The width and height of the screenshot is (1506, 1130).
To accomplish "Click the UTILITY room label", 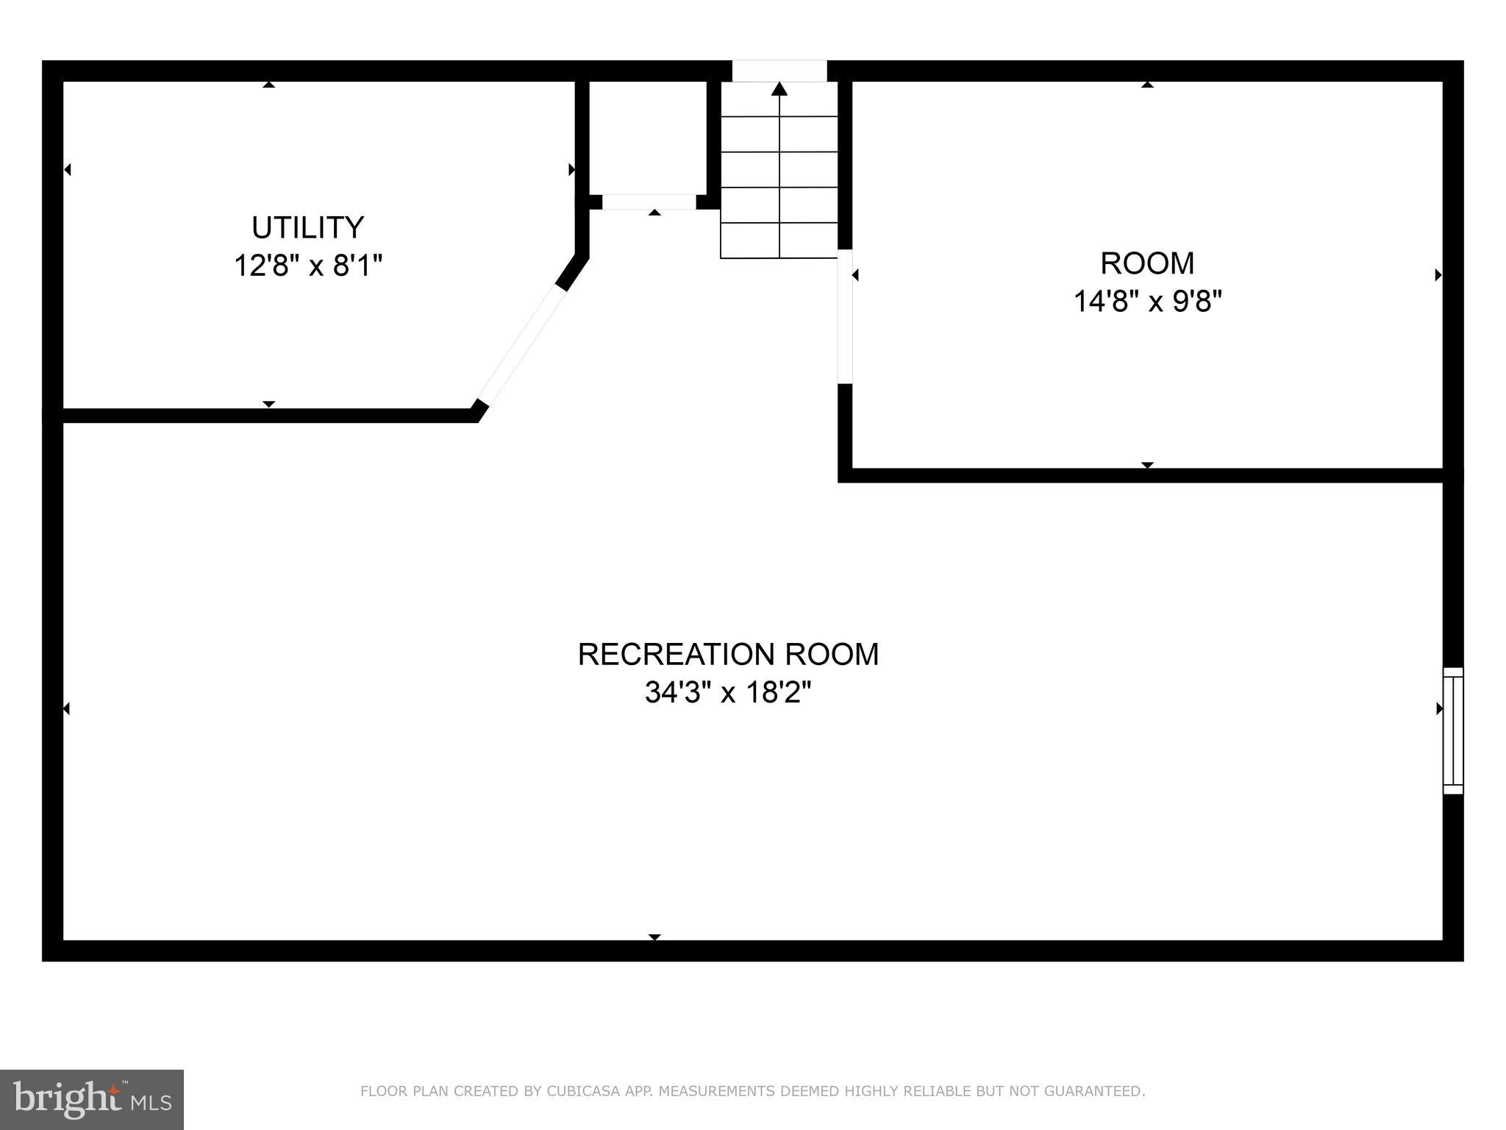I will [x=307, y=227].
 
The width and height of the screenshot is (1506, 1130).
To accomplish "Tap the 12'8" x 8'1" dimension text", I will [x=308, y=265].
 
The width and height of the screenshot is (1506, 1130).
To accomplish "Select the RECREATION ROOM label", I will [x=728, y=654].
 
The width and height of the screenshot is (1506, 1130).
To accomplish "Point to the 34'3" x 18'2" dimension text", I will [x=728, y=692].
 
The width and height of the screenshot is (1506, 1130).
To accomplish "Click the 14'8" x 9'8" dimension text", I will [x=1147, y=301].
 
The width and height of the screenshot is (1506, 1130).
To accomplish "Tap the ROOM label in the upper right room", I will [x=1147, y=263].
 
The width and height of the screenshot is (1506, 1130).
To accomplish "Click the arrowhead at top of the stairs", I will [x=779, y=89].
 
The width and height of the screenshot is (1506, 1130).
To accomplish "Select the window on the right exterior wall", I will [x=1452, y=731].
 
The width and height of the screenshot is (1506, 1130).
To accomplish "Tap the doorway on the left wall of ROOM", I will [x=846, y=316].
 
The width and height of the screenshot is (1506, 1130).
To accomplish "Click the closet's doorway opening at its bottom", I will [x=649, y=202].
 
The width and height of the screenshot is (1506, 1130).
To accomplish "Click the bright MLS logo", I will [x=92, y=1099].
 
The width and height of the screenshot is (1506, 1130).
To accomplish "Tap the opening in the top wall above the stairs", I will [x=779, y=71].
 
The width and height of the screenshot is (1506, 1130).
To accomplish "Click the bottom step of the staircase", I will [x=779, y=241].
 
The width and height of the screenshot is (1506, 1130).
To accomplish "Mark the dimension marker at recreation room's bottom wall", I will [x=654, y=937].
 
